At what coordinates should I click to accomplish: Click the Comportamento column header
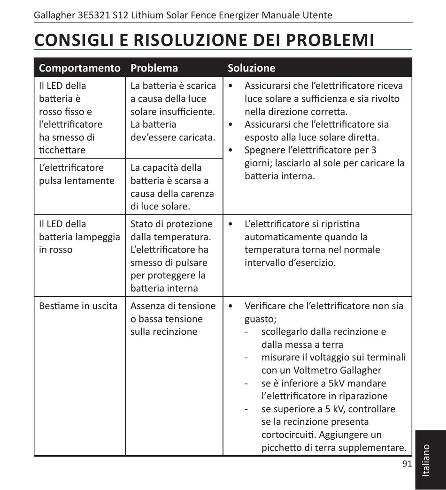(x=79, y=68)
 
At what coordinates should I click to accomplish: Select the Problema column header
(x=154, y=68)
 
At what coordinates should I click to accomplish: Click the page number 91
(x=407, y=464)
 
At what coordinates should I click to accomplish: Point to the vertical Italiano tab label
(x=426, y=461)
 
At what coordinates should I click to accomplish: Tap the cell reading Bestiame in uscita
(x=78, y=306)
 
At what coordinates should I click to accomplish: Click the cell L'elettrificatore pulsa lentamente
(x=77, y=174)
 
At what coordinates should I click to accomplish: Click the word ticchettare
(x=62, y=150)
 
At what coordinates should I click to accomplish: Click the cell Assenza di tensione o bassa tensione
(x=172, y=319)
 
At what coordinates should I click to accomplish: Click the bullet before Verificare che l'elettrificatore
(x=230, y=306)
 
